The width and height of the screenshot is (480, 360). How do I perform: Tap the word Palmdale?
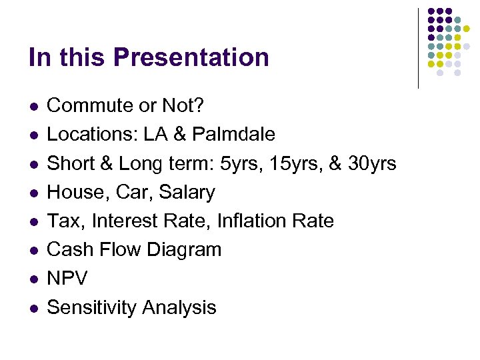click(x=233, y=135)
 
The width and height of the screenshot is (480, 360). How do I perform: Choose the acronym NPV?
click(x=67, y=279)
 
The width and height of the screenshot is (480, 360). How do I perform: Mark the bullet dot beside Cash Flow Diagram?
click(x=33, y=250)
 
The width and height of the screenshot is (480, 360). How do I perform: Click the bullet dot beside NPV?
click(x=33, y=279)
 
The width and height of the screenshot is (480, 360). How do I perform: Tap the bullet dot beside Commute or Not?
click(x=33, y=106)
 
